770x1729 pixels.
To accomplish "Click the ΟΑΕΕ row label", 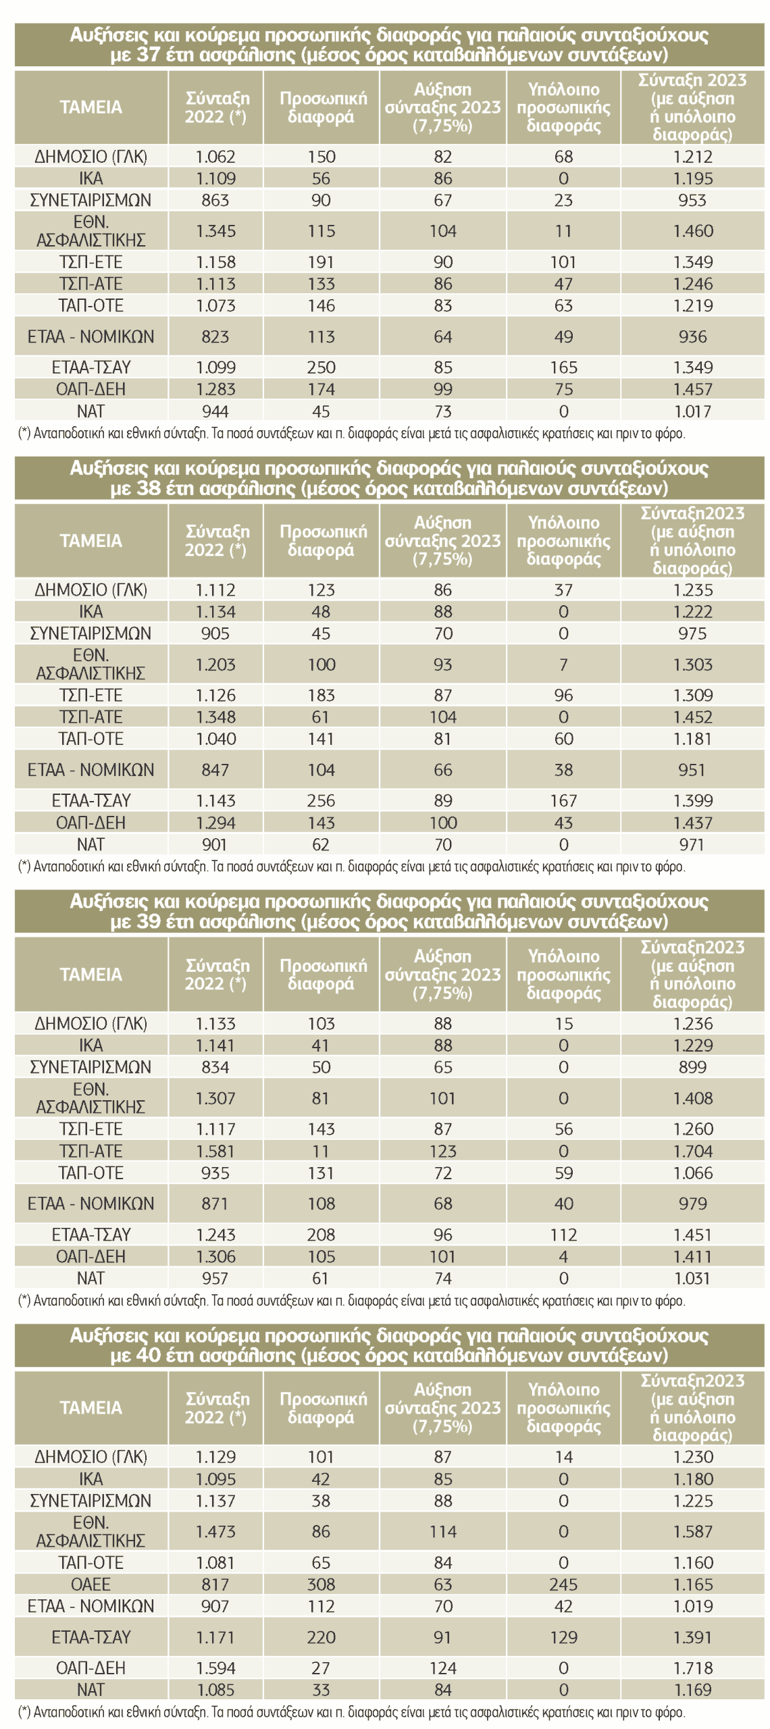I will (91, 1584).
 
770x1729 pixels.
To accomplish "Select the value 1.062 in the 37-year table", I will (215, 157).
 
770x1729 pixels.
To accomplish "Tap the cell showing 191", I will (321, 262).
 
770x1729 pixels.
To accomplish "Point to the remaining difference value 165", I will (563, 367).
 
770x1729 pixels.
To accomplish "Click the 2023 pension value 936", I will (692, 336).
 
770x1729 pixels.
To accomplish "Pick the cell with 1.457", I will (692, 389).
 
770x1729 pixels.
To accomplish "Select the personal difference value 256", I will (321, 800).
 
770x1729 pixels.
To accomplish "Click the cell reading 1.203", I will (215, 665).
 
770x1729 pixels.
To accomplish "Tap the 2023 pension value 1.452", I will (692, 717).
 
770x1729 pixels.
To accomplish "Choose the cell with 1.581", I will (215, 1151).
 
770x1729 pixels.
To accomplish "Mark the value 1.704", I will (692, 1151).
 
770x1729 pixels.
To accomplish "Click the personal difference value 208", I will (321, 1235).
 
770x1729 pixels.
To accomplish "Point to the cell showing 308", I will (321, 1584).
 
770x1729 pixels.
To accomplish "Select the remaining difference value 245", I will (563, 1584).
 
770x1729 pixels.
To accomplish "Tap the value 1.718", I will (692, 1668).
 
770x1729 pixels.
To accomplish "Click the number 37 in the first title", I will (149, 55).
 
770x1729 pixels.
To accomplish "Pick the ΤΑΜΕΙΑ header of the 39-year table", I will (91, 975).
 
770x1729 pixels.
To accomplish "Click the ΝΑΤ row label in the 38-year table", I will (91, 844).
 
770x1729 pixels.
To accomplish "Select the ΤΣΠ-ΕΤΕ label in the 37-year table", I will (91, 262).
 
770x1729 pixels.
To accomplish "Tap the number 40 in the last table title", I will (149, 1355).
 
